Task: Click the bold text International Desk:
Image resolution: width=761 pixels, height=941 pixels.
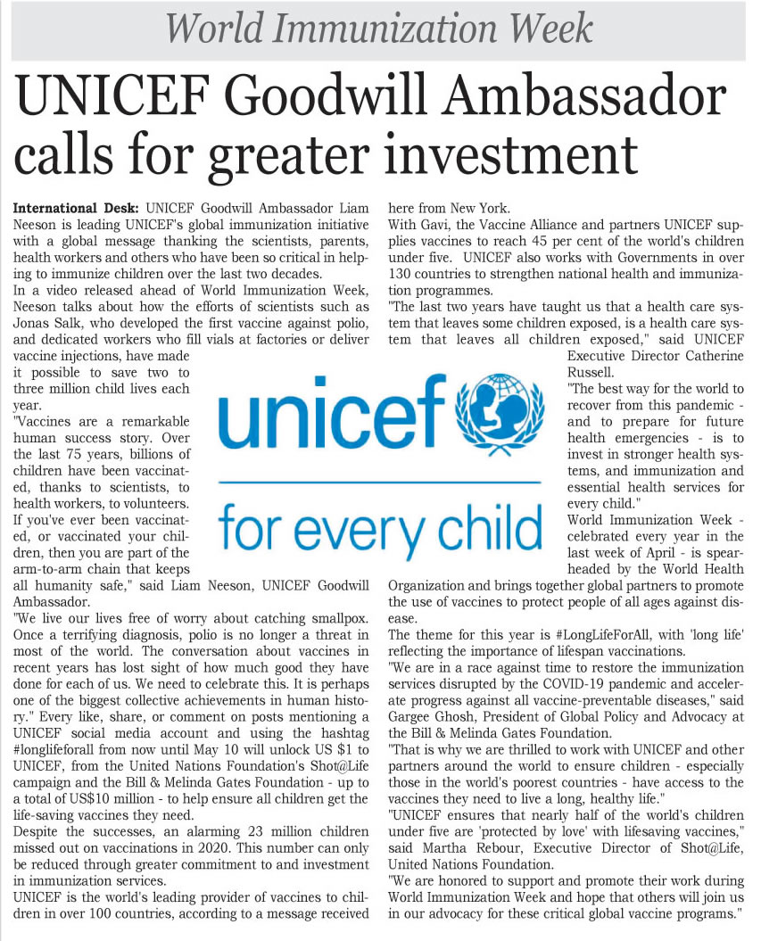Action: pos(75,208)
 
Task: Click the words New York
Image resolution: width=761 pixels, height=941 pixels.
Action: pos(483,208)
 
